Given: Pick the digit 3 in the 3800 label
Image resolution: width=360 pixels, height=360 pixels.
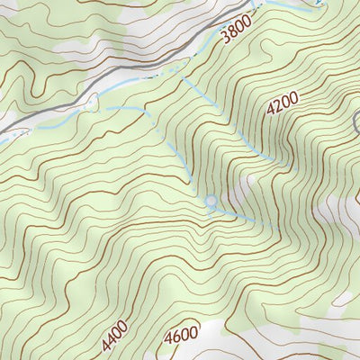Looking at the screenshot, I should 224,40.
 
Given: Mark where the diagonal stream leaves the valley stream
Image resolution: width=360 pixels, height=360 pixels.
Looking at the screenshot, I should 176,76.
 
